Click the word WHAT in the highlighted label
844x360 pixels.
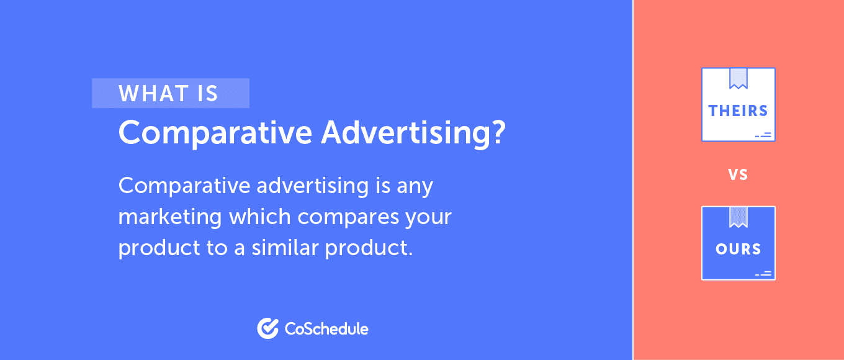click(x=153, y=94)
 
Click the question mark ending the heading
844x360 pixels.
click(x=497, y=132)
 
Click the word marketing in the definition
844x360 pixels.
click(x=170, y=217)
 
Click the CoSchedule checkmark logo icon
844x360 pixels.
click(x=267, y=328)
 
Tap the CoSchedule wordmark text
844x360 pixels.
click(x=326, y=328)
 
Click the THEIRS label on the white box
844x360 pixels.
click(x=738, y=110)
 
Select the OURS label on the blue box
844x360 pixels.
click(x=738, y=249)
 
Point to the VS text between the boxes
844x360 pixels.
click(x=738, y=175)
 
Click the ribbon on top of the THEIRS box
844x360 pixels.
click(x=738, y=78)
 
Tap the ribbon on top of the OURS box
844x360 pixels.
click(x=738, y=217)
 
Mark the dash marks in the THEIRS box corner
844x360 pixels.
click(x=763, y=134)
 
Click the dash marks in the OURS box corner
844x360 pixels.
click(x=763, y=272)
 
